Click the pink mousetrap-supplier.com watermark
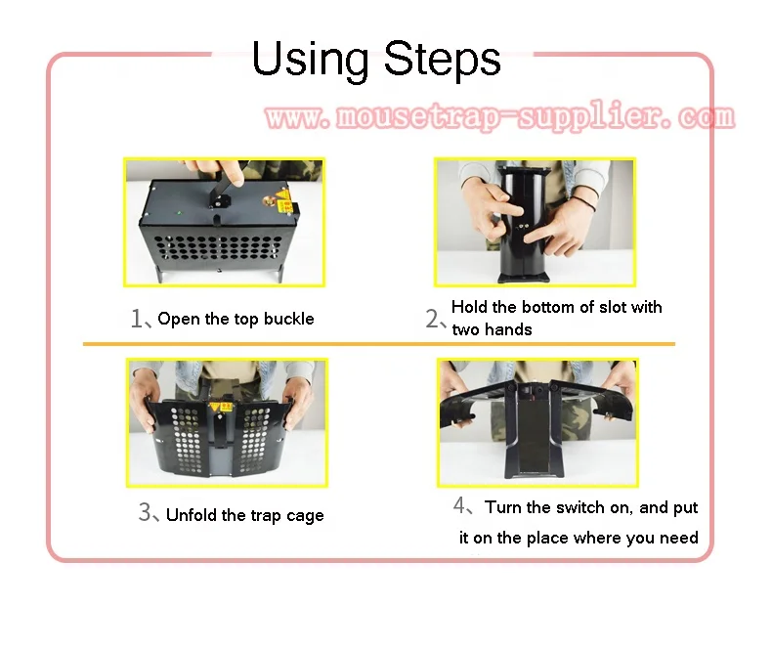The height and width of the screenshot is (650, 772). (x=499, y=118)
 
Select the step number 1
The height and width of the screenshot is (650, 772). (x=137, y=319)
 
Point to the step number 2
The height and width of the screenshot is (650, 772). (x=433, y=319)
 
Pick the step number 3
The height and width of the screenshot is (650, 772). (x=145, y=513)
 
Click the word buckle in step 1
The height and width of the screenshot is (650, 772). (x=288, y=319)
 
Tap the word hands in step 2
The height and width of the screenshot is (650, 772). (x=508, y=329)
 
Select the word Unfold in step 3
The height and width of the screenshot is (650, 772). (x=193, y=515)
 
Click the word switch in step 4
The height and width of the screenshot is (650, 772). (x=580, y=507)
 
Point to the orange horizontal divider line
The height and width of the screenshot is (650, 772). (x=378, y=344)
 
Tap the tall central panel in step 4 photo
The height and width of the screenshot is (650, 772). (x=534, y=436)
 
